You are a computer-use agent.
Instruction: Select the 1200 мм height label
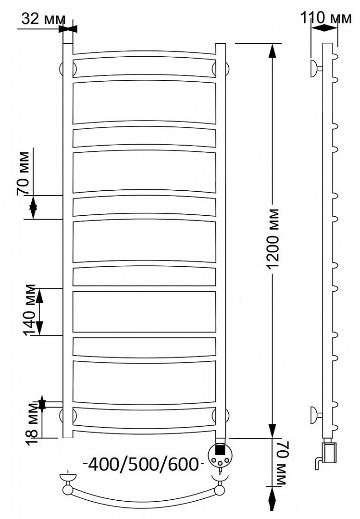pyautogui.click(x=274, y=239)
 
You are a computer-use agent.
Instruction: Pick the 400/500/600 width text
pyautogui.click(x=143, y=464)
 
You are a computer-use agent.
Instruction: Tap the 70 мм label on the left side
pyautogui.click(x=23, y=173)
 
